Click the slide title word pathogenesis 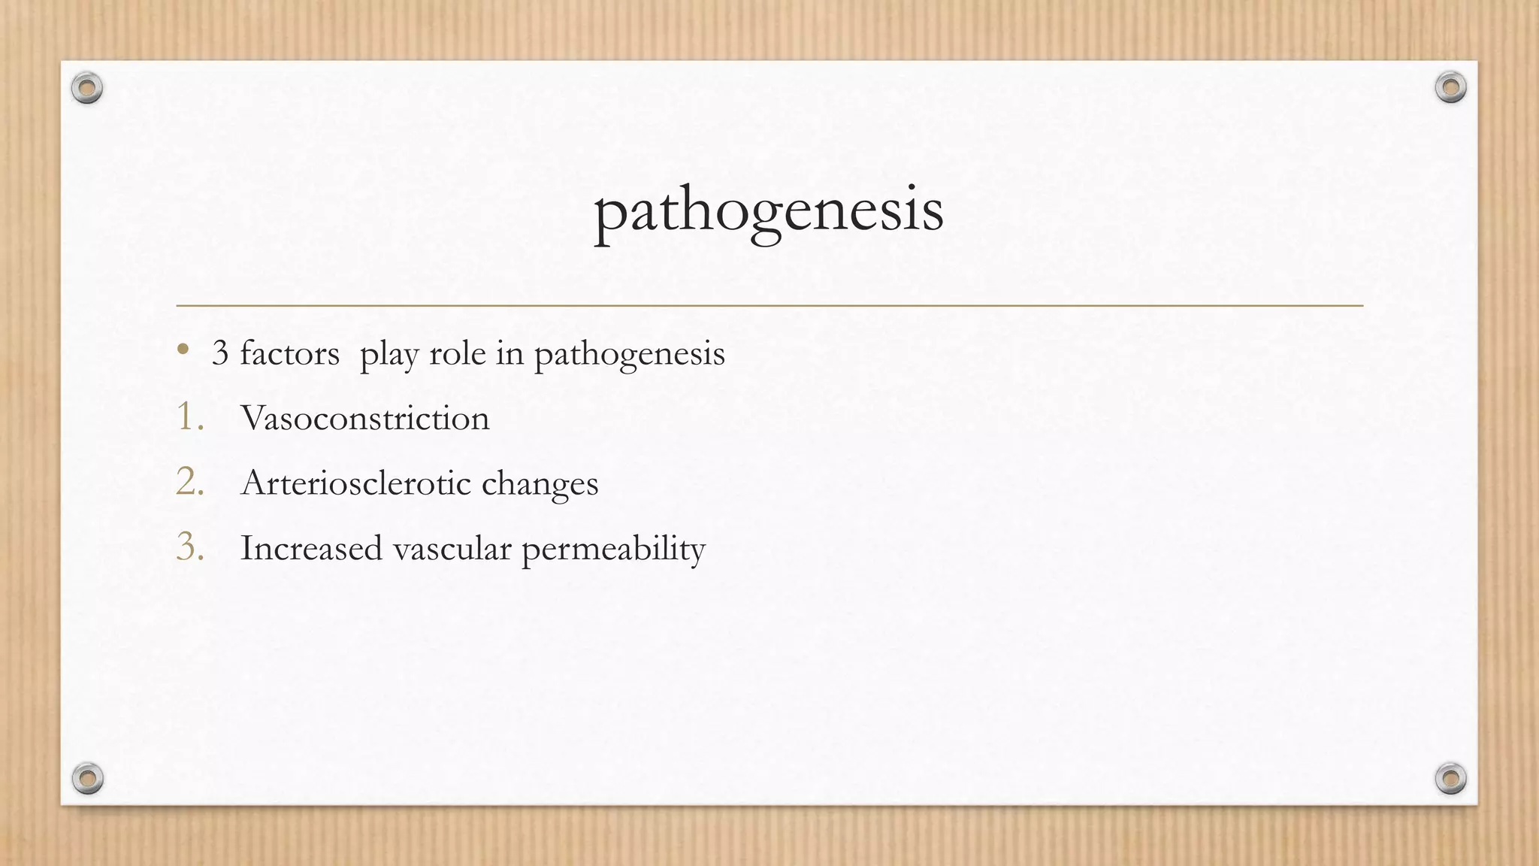point(768,211)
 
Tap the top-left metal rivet point(87,89)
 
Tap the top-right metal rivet point(1450,88)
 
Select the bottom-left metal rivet point(87,778)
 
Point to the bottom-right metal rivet point(1450,778)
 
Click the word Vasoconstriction point(364,418)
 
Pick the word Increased point(311,548)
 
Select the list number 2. point(189,482)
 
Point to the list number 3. point(189,547)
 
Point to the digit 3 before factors point(219,353)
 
